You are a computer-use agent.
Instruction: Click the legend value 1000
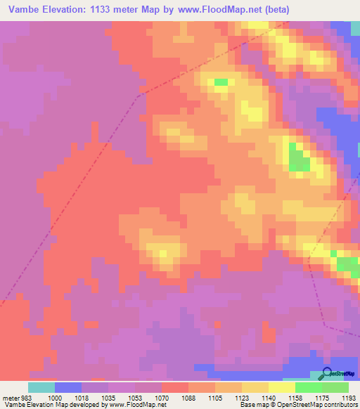click(x=56, y=397)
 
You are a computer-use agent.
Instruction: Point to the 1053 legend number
click(x=136, y=397)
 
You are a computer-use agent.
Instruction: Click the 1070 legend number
click(x=162, y=397)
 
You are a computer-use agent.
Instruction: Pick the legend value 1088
click(x=189, y=397)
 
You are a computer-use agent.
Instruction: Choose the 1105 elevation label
click(x=216, y=397)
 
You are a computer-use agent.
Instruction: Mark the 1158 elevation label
click(x=296, y=397)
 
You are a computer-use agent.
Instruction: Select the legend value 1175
click(x=323, y=397)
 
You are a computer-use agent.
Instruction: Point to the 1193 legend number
click(x=347, y=397)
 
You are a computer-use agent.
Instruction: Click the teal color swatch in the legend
click(x=41, y=387)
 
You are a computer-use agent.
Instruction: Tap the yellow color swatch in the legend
click(x=282, y=387)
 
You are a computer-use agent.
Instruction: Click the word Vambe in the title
click(x=23, y=11)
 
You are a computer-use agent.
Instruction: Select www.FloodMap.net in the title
click(x=216, y=11)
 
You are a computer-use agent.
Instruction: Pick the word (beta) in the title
click(x=274, y=11)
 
